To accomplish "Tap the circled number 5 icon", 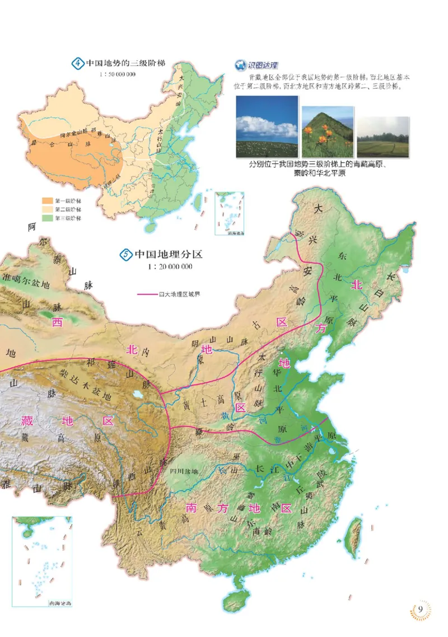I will coord(125,255).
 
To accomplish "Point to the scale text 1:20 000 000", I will coord(170,266).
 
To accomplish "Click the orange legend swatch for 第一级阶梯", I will coord(46,200).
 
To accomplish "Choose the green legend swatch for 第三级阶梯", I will coord(46,218).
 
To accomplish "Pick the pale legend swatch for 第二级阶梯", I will coord(46,209).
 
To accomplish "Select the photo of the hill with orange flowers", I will coord(328,132).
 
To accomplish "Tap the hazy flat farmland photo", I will coord(382,137).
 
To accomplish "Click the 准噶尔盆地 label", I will coord(26,284).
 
